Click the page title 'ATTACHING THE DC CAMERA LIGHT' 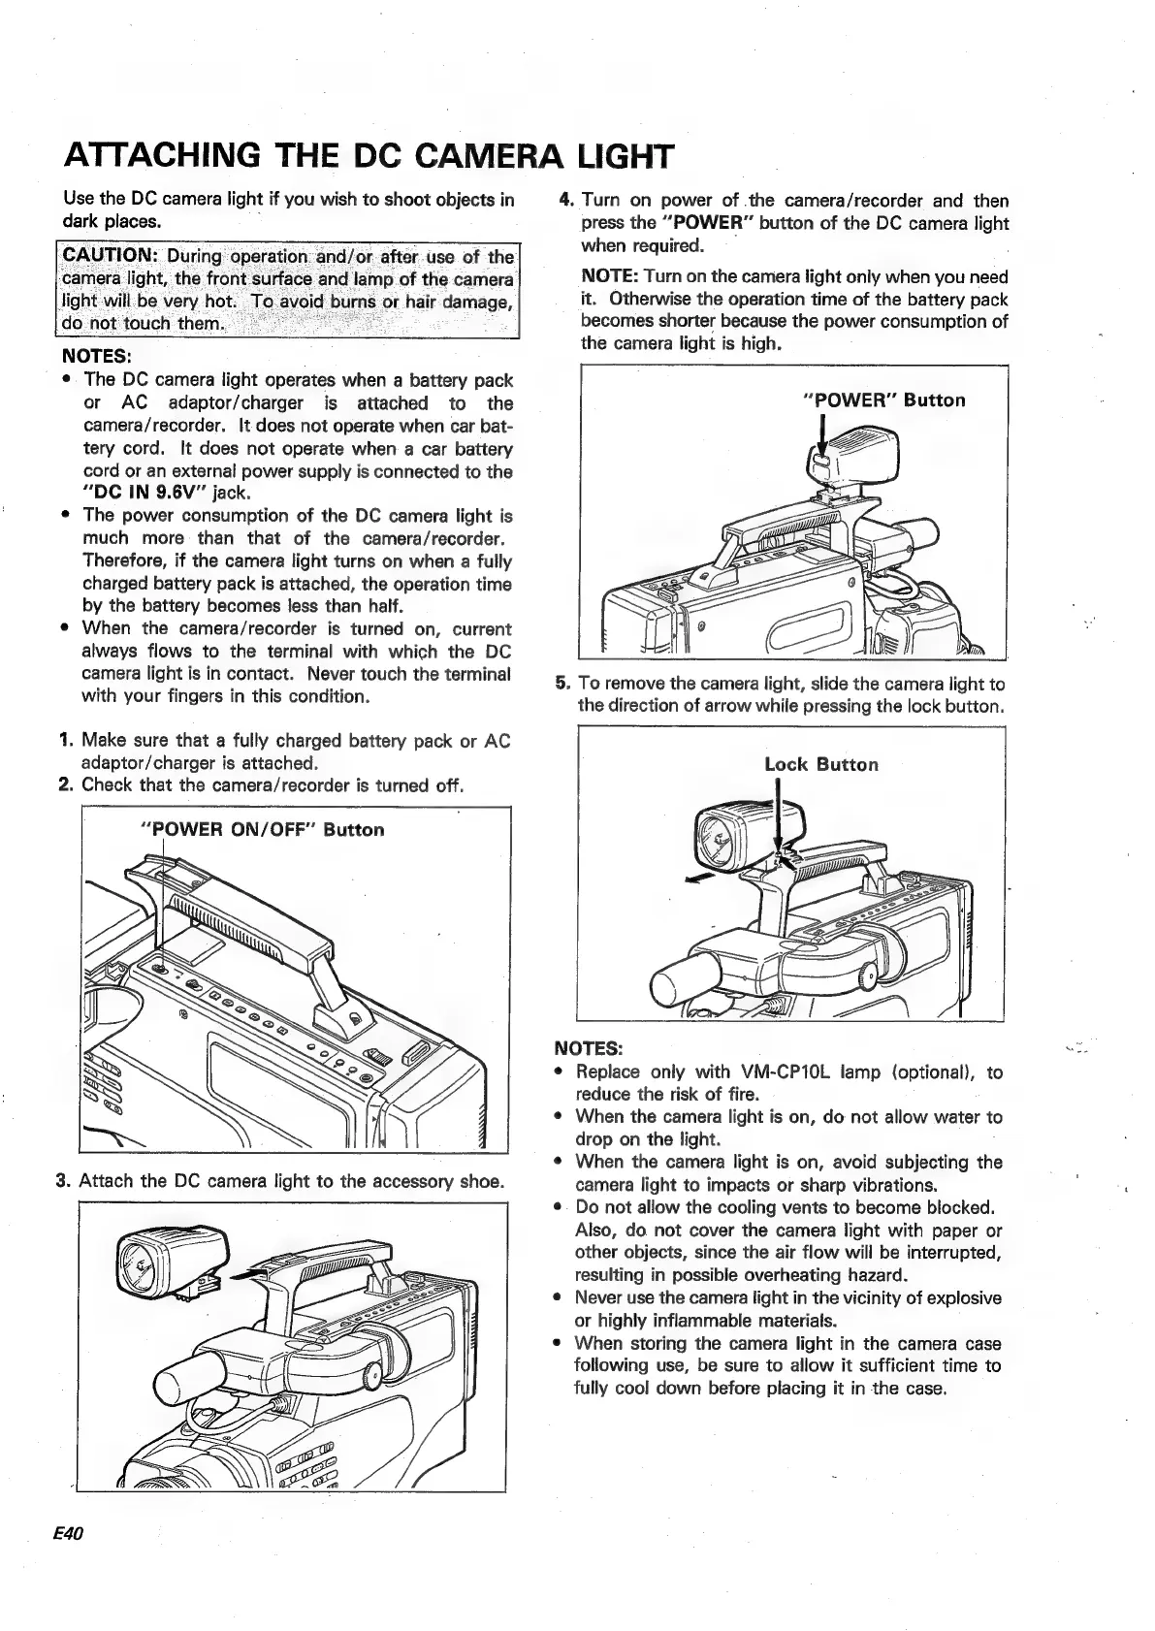pos(368,155)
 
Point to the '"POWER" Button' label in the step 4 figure pos(884,400)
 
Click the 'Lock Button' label pos(821,764)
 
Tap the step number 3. pos(64,1181)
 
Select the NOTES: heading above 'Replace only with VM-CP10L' pos(588,1048)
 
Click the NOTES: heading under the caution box pos(96,355)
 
